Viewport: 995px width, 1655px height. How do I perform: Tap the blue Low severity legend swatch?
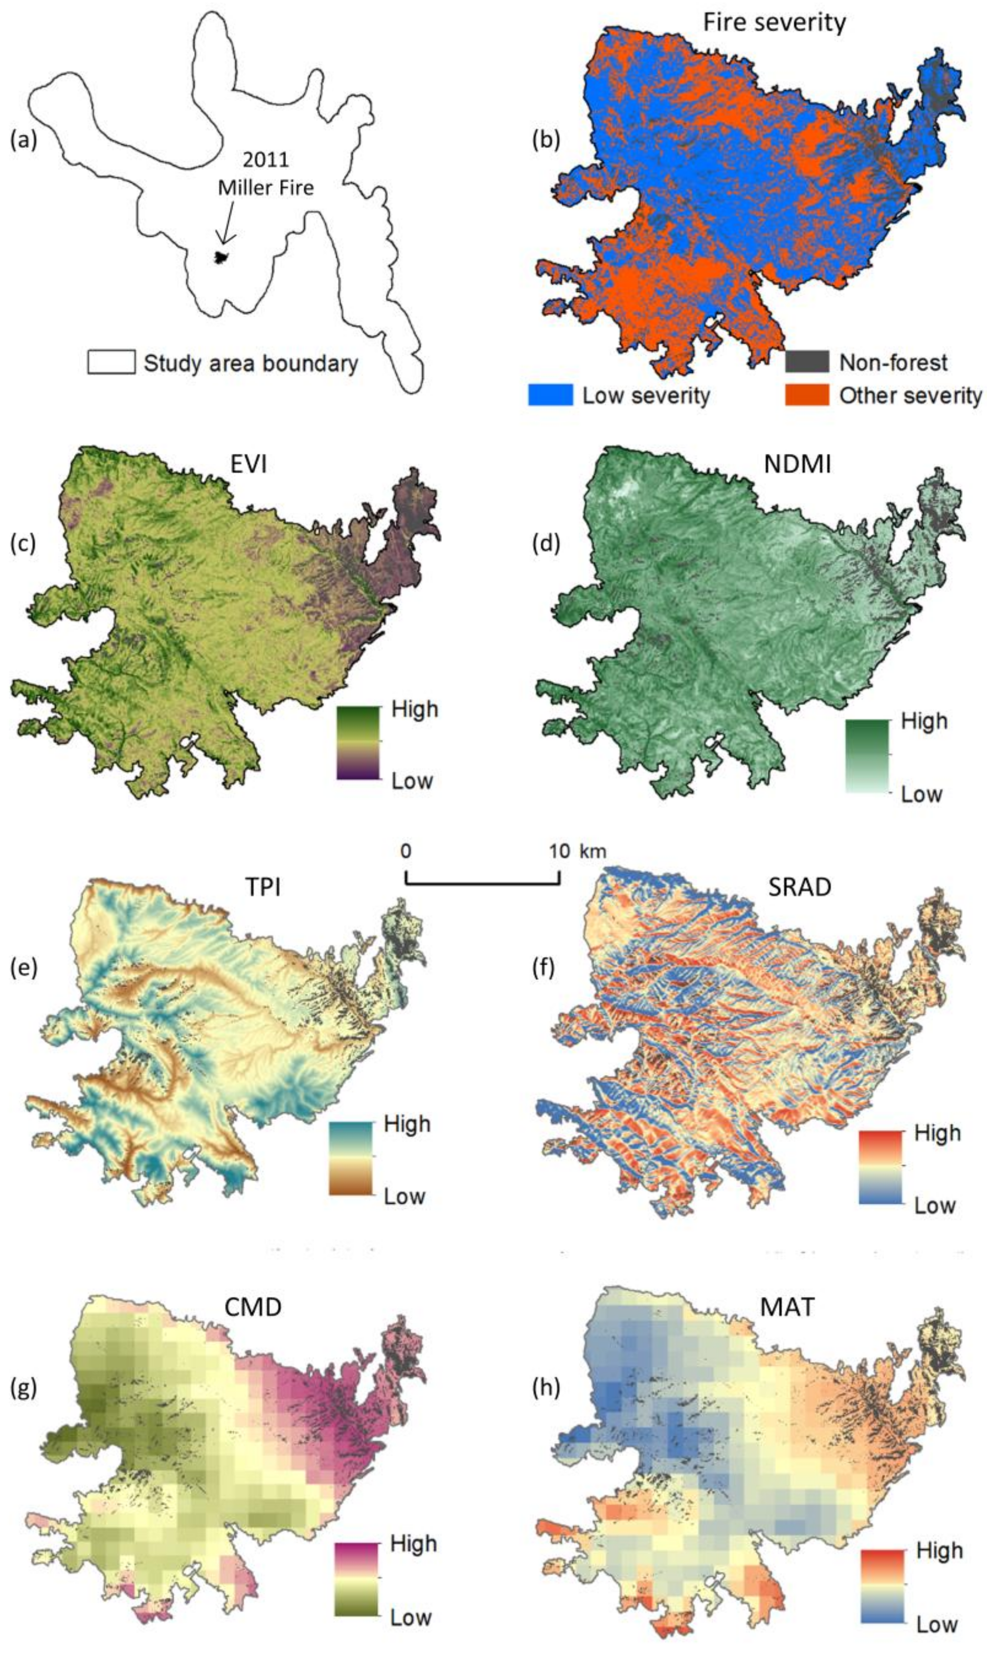click(x=551, y=395)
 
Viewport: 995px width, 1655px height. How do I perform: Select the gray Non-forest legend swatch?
click(x=807, y=362)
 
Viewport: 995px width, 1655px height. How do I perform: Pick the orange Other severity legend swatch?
click(x=807, y=395)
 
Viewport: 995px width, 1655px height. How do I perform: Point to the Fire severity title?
click(x=775, y=23)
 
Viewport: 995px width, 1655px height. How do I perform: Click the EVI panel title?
click(x=248, y=464)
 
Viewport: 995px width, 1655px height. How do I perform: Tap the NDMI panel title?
click(x=797, y=464)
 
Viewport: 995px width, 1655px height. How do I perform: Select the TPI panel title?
click(x=263, y=887)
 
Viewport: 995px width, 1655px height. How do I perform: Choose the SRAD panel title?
click(x=799, y=887)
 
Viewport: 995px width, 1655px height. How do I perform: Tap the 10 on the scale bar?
click(x=559, y=852)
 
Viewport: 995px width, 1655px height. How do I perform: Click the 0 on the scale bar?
click(x=405, y=852)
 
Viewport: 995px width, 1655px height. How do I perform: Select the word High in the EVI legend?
click(x=414, y=709)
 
